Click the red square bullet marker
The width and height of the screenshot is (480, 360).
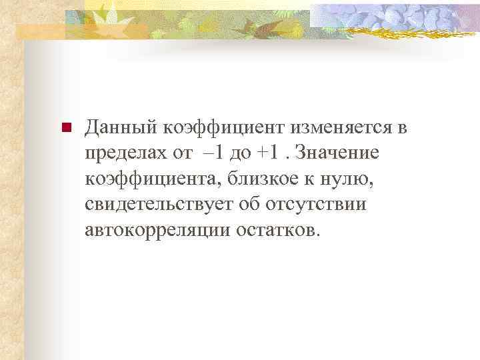pyautogui.click(x=65, y=128)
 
